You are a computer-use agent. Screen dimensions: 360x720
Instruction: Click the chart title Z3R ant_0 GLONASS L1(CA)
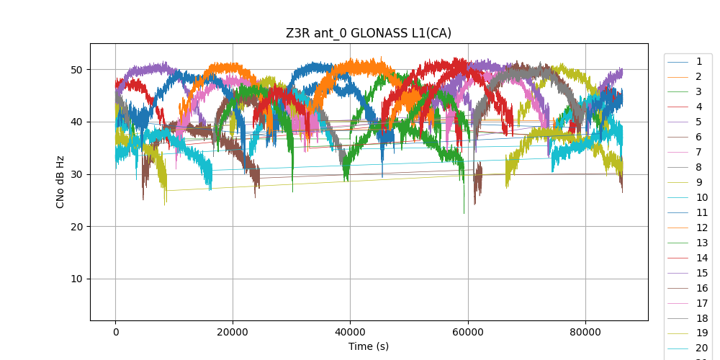click(369, 33)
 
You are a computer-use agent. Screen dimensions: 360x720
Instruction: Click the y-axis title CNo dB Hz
click(60, 181)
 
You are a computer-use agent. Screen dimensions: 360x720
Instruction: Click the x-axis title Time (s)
click(369, 346)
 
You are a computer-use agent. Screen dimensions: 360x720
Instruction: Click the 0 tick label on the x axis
click(115, 332)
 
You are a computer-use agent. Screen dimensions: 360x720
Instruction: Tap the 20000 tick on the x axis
click(233, 332)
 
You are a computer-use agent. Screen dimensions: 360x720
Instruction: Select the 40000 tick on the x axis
click(350, 332)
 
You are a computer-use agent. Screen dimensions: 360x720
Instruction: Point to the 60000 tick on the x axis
click(467, 332)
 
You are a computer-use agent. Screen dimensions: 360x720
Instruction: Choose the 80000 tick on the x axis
click(585, 332)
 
